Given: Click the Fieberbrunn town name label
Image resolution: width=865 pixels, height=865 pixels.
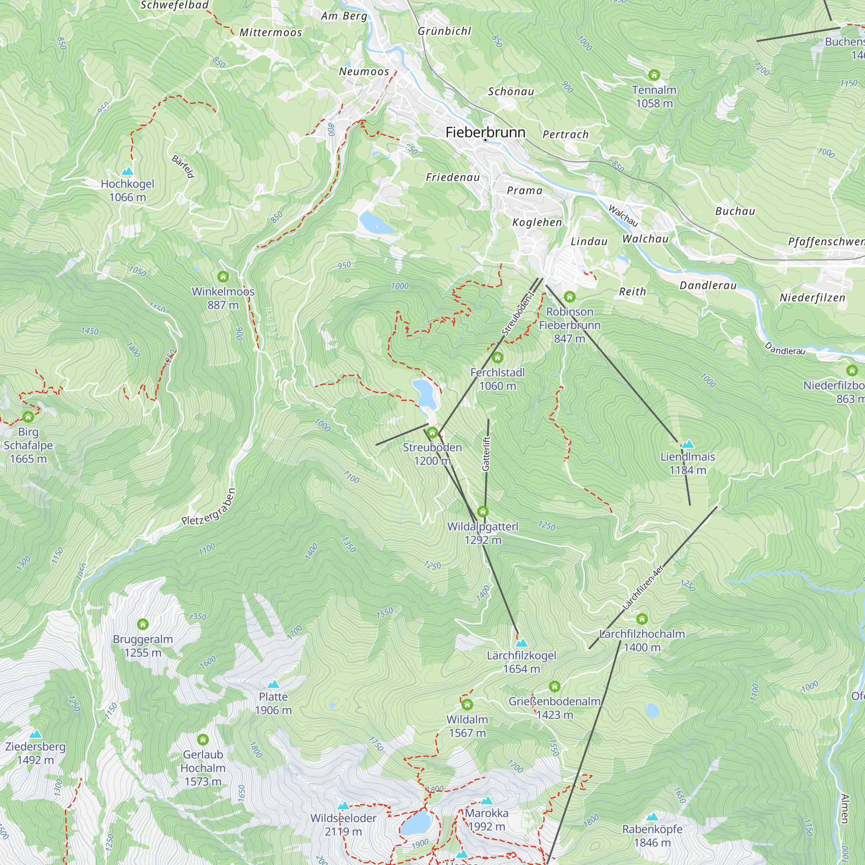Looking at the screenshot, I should point(485,132).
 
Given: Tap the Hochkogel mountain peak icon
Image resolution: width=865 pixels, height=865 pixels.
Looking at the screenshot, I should point(128,171).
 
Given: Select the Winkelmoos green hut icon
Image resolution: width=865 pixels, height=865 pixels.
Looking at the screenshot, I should point(223,277).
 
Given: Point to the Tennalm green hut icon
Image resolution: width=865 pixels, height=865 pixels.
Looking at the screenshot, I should point(654,75).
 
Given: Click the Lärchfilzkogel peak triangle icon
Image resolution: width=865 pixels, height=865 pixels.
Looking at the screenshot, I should point(521,644).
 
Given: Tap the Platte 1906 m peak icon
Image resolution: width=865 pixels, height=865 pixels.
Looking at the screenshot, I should point(273,685).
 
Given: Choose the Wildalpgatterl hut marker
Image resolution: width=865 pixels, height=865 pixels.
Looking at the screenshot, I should point(483,511).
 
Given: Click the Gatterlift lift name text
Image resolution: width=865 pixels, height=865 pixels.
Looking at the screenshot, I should point(486,453).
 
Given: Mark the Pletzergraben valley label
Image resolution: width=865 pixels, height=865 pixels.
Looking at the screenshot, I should point(208,507).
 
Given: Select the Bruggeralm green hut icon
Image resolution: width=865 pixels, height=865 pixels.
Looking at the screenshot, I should point(143,624).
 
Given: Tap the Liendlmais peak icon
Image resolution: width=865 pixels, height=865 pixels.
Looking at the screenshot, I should point(688,445).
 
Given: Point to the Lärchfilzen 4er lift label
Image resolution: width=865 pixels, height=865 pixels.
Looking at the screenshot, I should point(643,587).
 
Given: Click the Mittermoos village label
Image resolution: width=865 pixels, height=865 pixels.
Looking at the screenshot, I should point(271,33).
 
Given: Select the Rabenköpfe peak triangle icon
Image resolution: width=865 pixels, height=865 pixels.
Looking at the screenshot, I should point(652,817).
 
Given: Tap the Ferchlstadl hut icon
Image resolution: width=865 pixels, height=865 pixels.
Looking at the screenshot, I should point(497,358).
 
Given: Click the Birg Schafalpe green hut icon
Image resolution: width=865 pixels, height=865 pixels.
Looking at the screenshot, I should point(28,417).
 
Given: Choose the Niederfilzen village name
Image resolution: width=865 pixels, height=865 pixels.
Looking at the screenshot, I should point(812,298).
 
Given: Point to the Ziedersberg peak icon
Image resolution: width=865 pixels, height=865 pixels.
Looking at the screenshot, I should point(35,734).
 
